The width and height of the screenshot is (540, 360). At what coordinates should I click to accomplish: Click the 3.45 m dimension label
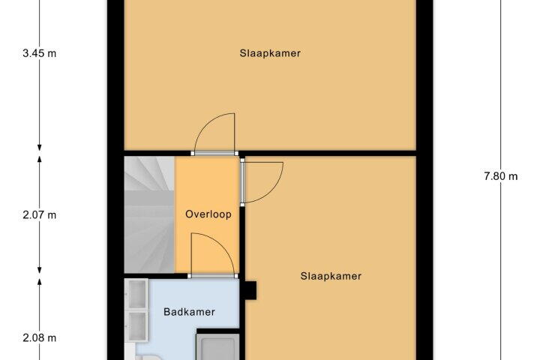point(39,53)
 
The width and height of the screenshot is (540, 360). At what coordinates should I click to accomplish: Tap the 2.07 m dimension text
point(39,215)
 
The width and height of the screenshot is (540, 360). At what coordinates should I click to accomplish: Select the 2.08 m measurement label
point(39,338)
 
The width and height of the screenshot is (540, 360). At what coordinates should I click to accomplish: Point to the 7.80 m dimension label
point(501,176)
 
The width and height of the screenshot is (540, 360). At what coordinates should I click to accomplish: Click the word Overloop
point(208,214)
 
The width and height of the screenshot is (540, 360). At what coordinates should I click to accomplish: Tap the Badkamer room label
point(189,312)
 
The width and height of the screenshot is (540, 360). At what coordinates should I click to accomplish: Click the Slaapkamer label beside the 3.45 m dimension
point(270,53)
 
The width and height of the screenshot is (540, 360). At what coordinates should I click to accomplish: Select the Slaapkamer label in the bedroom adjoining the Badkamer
point(331,276)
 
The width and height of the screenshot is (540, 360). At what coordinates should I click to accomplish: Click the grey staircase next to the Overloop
point(149,214)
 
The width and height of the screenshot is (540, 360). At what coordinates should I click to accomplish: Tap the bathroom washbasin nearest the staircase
point(136,293)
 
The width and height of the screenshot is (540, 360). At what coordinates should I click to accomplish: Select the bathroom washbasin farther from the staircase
point(136,325)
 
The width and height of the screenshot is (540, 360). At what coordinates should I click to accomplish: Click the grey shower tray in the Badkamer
point(217,349)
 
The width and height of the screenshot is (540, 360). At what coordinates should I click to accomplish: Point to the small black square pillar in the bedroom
point(251,290)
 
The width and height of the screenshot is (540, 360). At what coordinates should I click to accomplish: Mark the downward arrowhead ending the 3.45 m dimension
point(40,147)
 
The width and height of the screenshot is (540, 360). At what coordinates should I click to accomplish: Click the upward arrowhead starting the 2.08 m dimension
point(40,282)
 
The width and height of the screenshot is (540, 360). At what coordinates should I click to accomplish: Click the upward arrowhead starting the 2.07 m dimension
point(40,160)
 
